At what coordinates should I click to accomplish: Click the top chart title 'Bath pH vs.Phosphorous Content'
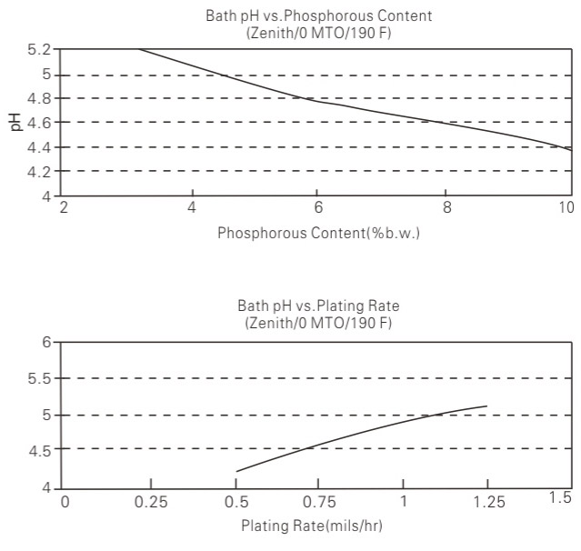click(x=317, y=15)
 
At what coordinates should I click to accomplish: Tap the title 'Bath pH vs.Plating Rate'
click(x=317, y=307)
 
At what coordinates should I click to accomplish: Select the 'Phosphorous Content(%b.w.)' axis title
click(x=318, y=233)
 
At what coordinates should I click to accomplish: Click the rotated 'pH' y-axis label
click(x=15, y=122)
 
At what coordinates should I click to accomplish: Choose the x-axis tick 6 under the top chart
click(x=317, y=207)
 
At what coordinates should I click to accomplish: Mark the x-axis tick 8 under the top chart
click(x=446, y=207)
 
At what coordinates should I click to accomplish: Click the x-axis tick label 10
click(x=566, y=207)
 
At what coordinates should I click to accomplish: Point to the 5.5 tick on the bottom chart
click(x=41, y=378)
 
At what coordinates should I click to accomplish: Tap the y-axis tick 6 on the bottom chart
click(x=46, y=342)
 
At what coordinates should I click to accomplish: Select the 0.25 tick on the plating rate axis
click(x=151, y=501)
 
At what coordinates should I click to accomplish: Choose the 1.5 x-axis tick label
click(x=560, y=496)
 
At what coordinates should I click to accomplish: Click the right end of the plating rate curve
click(x=487, y=406)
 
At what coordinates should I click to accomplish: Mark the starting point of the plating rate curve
click(x=236, y=472)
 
